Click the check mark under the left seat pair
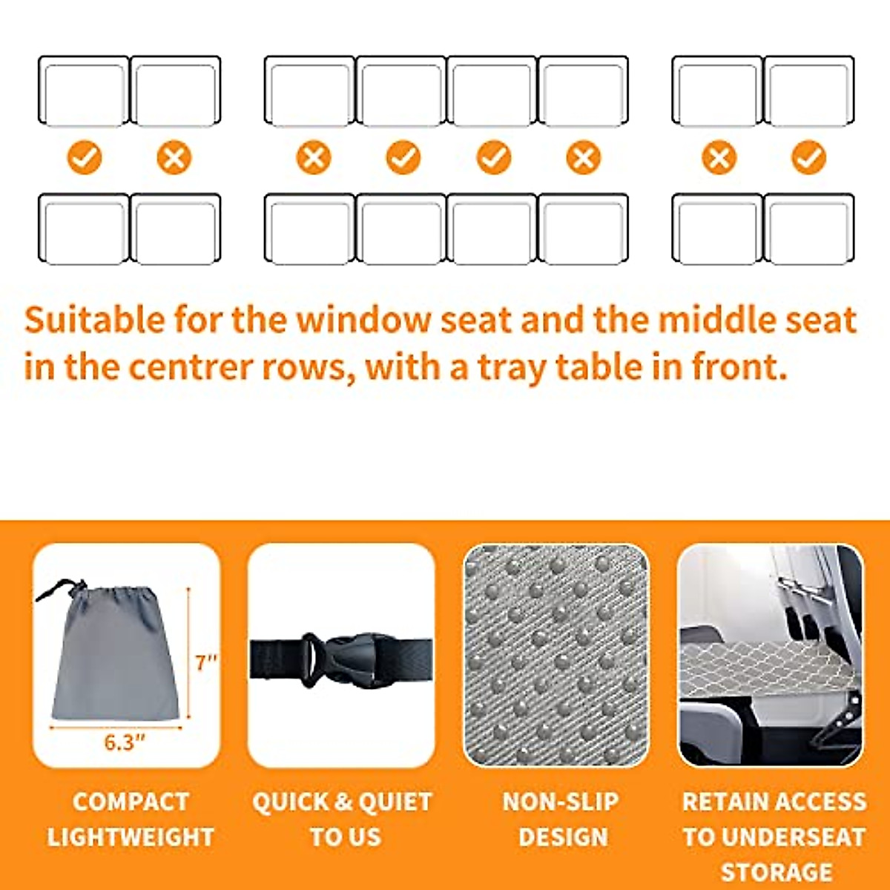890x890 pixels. pos(85,158)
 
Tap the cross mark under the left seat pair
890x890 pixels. pos(174,158)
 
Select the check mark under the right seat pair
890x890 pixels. pos(808,158)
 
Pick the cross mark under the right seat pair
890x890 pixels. pos(719,158)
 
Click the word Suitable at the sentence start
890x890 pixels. pos(94,320)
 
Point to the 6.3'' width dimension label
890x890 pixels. pos(124,742)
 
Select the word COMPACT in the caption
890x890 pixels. pos(131,802)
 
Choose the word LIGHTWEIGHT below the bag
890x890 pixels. pos(131,837)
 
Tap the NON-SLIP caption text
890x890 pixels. pos(561,802)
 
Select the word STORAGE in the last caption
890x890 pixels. pos(776,871)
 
